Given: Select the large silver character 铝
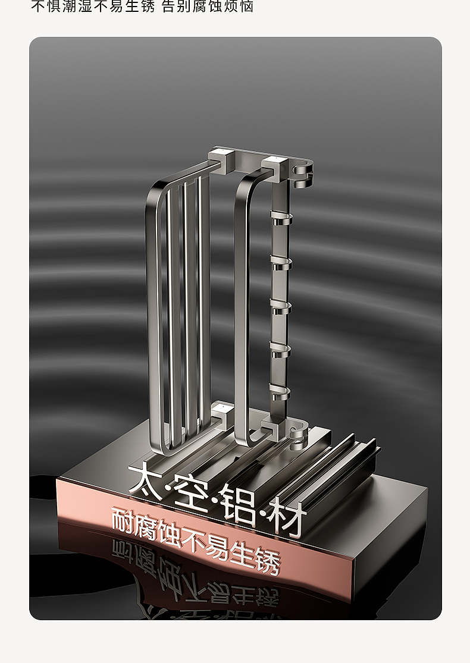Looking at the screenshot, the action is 239,505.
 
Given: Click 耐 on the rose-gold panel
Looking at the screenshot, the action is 123,519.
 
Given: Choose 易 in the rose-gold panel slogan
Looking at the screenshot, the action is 218,547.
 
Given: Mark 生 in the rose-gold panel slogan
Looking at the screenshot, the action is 243,554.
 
